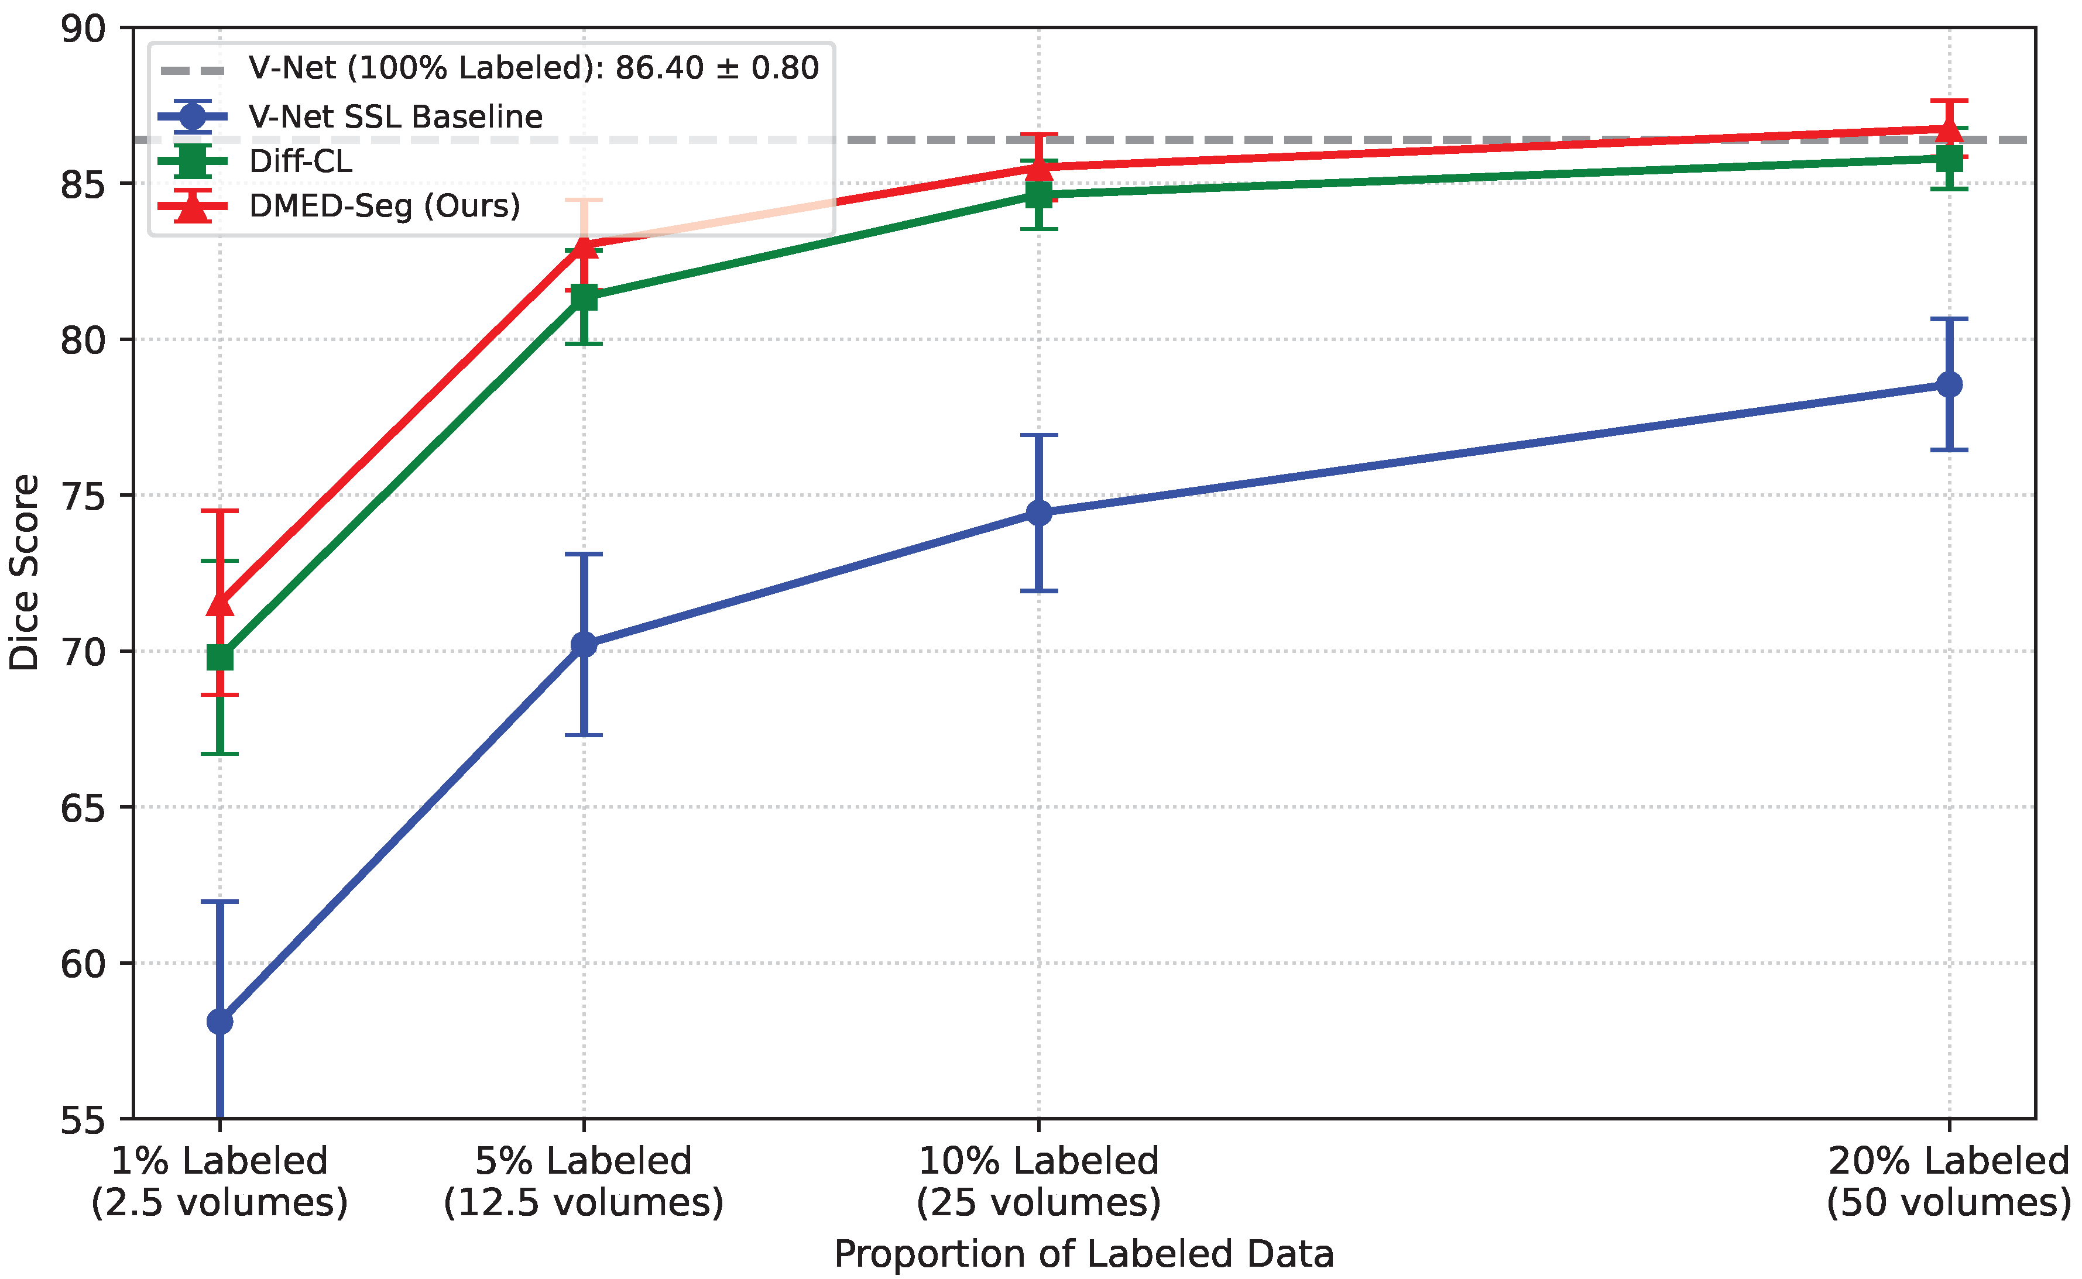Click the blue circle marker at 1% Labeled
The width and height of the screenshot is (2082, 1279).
point(220,1022)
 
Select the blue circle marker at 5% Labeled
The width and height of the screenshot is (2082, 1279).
point(584,645)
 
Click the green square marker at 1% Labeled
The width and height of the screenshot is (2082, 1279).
point(220,657)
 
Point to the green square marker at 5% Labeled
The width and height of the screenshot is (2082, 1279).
point(584,298)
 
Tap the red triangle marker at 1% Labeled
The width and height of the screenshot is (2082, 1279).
point(220,604)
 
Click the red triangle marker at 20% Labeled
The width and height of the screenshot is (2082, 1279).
point(1949,129)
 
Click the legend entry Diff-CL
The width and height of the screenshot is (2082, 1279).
point(300,161)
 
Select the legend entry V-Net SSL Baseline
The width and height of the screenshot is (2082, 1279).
point(395,117)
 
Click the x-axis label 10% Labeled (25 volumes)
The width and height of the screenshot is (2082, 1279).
point(1039,1181)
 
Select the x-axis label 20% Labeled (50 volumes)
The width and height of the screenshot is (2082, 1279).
point(1949,1181)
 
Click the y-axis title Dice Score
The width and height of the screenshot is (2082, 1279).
point(25,573)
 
